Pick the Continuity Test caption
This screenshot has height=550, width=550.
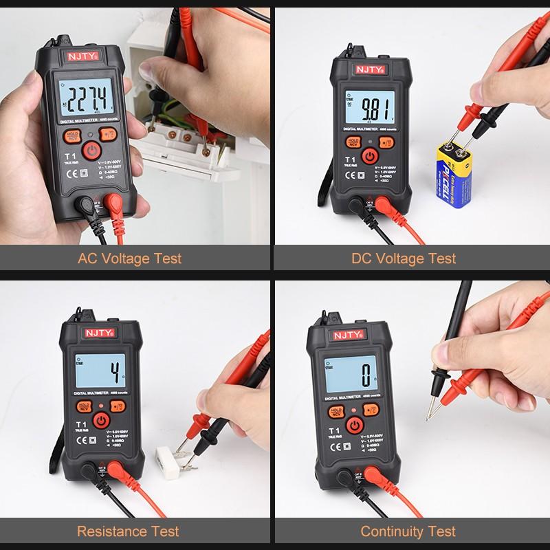click(408, 531)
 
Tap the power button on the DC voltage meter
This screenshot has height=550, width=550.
click(370, 155)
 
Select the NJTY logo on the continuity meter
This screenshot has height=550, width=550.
click(346, 334)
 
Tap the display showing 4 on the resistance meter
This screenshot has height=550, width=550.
click(100, 374)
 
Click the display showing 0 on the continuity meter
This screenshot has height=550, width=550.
click(347, 377)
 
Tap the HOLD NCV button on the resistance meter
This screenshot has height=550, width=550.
click(84, 407)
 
